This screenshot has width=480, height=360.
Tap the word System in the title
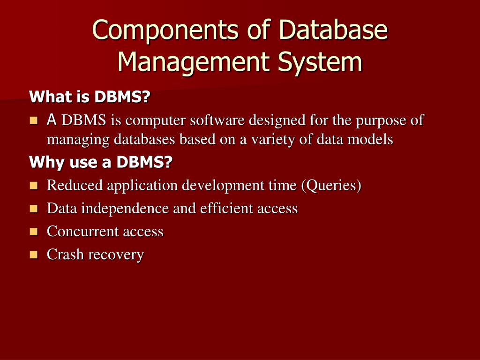[x=321, y=61]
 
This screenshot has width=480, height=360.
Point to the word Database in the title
[x=334, y=30]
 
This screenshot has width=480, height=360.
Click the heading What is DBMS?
[x=90, y=97]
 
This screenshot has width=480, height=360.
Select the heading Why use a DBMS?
[x=101, y=163]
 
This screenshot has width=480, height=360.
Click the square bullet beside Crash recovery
[x=33, y=255]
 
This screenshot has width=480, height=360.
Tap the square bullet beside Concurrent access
[x=33, y=232]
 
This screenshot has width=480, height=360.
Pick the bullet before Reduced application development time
[x=33, y=186]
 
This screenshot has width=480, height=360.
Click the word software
[x=217, y=120]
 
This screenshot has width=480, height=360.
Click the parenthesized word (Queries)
[x=331, y=186]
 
